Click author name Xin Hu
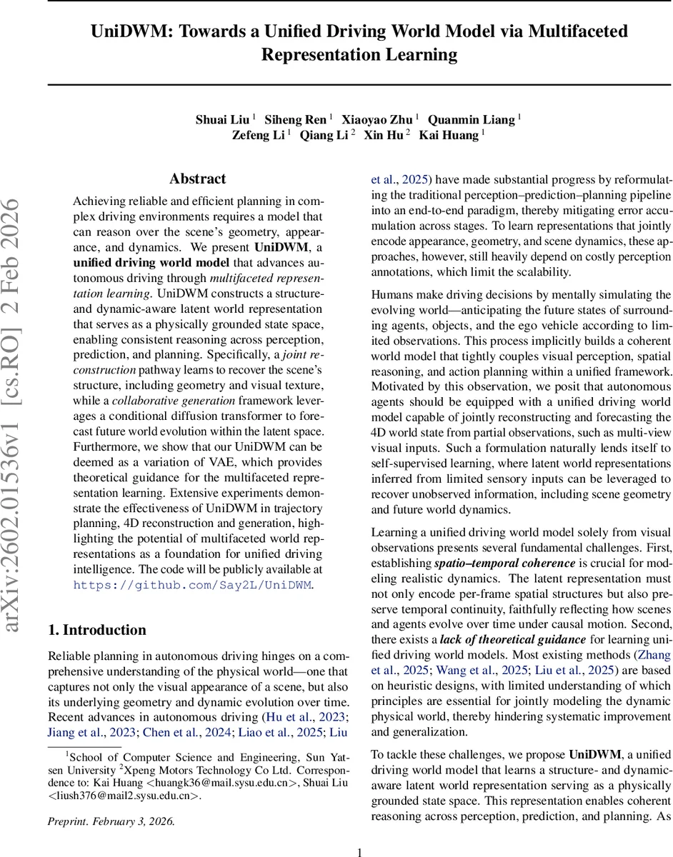383,135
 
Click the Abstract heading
197,179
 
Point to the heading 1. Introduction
96,629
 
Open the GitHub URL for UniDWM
193,584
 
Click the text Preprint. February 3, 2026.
111,821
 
